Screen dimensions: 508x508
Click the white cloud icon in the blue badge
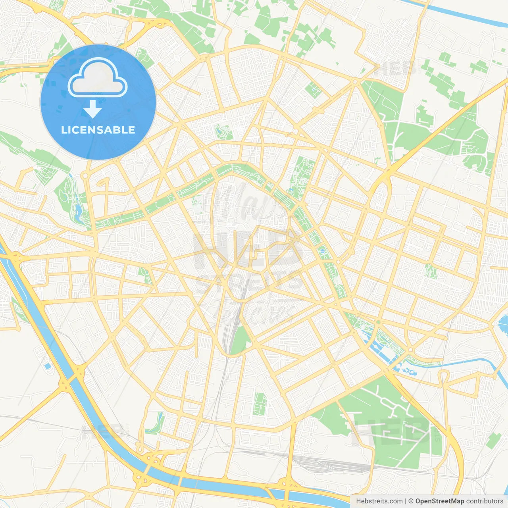click(98, 78)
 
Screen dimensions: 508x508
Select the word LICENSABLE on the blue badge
click(98, 130)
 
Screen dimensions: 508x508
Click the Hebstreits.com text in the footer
click(379, 501)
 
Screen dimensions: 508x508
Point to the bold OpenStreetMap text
click(439, 501)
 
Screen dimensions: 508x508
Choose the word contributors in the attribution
click(484, 501)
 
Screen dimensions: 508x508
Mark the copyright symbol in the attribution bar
click(411, 501)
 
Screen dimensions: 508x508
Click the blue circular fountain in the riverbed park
click(322, 251)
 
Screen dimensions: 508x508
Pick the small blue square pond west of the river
click(48, 366)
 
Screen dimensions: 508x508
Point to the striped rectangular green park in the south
click(260, 404)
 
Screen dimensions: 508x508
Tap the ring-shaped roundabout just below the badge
click(85, 175)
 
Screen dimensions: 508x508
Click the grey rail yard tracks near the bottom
click(325, 462)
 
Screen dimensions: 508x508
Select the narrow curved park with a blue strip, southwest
click(156, 424)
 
